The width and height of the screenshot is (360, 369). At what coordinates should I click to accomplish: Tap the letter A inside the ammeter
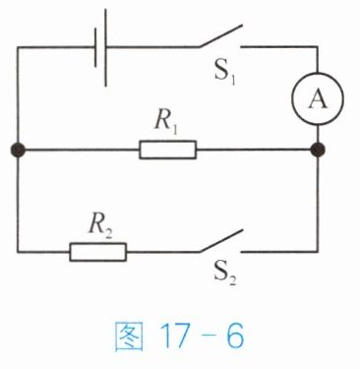point(318,99)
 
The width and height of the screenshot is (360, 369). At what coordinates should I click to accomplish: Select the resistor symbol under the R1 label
point(168,150)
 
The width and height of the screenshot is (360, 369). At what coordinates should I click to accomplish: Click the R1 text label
point(166,124)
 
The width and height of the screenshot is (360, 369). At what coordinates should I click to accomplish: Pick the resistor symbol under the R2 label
point(97,252)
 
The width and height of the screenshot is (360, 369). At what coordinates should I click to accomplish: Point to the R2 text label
point(100,226)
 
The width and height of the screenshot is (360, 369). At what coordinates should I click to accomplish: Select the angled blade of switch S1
point(220,35)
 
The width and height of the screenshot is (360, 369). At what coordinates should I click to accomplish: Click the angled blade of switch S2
point(220,241)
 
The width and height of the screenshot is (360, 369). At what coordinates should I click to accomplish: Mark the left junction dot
point(18,150)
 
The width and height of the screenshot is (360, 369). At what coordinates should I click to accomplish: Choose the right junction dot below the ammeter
point(318,150)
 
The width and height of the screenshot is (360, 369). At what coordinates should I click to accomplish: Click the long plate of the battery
point(105,47)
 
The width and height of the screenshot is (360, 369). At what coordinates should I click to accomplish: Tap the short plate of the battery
point(95,47)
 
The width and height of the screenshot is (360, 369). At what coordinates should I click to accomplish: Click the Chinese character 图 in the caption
point(129,337)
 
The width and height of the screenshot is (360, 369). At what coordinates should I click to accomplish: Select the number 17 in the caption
point(174,337)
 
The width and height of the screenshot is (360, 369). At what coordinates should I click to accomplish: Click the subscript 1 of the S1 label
point(232,80)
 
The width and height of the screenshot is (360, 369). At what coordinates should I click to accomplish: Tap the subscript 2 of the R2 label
point(108,232)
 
